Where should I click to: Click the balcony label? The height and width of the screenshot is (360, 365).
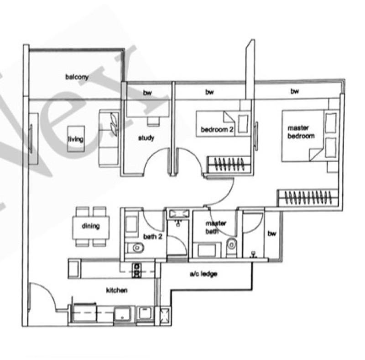coord(77,77)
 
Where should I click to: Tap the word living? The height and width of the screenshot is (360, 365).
coord(76,139)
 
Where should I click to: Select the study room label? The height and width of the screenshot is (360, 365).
coord(146,138)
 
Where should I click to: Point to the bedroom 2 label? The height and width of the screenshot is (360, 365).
coord(217,129)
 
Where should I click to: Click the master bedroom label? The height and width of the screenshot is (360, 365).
coord(301,132)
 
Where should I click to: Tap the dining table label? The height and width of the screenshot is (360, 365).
coord(91,226)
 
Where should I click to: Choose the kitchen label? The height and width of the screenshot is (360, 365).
coord(117,290)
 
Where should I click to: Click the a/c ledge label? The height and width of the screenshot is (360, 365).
coord(203,274)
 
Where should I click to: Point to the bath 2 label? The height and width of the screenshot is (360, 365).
coord(153,237)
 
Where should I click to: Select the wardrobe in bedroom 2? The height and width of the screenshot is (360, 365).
coord(229,164)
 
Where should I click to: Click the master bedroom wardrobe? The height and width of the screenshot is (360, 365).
coord(308,198)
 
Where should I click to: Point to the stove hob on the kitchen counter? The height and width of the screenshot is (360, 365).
coord(136,270)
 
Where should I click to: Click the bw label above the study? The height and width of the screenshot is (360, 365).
coord(147,93)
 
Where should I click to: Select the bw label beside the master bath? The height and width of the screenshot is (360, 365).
coord(271,233)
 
